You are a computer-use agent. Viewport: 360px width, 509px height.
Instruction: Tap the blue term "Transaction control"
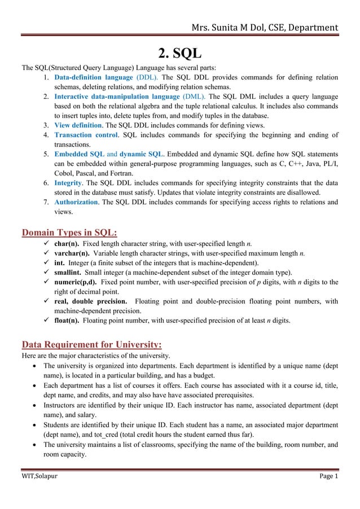pos(86,135)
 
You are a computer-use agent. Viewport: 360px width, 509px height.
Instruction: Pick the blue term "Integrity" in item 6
pos(68,183)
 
